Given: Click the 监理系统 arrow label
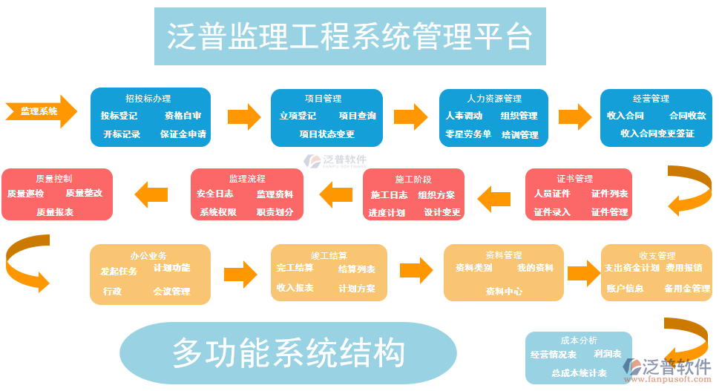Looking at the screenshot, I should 39,111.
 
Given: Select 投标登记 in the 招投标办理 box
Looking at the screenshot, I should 119,116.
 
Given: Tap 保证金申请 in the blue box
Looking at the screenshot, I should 183,134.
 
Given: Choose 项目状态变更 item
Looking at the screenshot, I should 326,134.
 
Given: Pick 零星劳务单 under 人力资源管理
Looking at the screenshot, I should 468,134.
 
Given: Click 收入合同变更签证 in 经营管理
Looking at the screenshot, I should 657,134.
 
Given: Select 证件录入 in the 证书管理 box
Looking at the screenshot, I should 552,212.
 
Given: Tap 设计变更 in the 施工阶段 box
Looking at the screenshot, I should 442,212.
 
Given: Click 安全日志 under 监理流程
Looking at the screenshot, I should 215,194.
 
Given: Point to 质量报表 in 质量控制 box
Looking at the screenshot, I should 55,212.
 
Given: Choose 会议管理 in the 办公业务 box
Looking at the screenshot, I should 171,292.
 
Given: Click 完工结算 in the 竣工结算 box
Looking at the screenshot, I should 295,268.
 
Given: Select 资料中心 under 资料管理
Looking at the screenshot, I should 504,292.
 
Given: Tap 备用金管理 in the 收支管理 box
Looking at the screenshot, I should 687,288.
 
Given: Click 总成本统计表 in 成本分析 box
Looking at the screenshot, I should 580,373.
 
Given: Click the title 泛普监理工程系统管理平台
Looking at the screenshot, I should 349,36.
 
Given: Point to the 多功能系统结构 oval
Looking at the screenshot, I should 288,352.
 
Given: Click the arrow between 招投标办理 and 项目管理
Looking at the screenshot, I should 243,116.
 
